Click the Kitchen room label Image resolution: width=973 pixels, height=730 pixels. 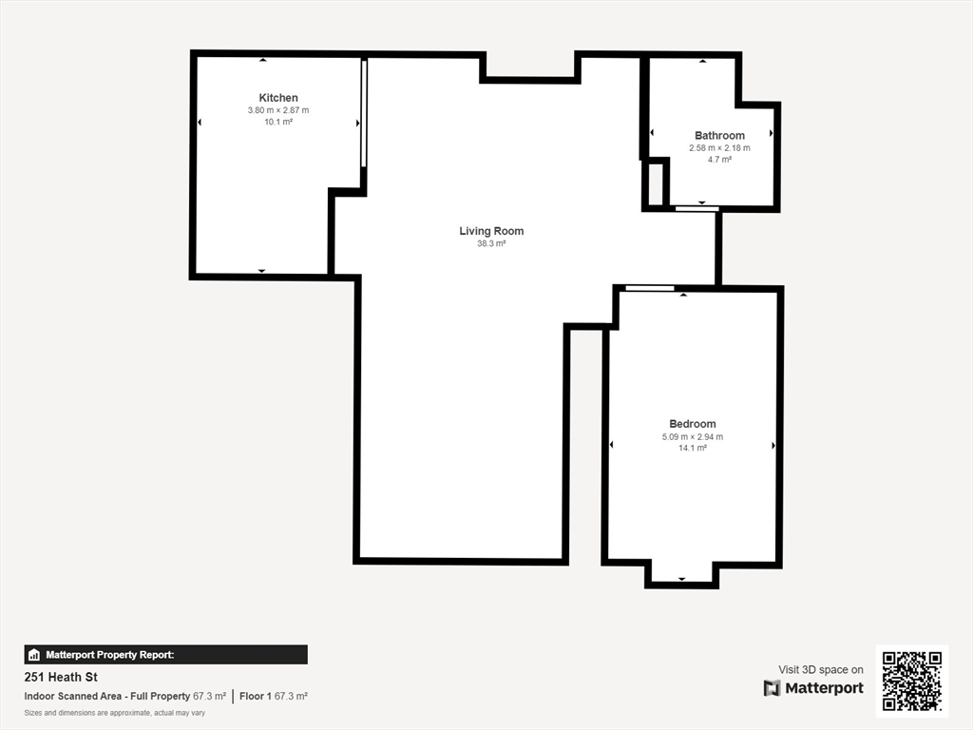click(278, 98)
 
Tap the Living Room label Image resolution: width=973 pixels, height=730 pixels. click(491, 231)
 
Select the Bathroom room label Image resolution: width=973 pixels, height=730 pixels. click(719, 135)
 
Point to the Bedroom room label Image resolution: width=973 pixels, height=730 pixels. click(693, 424)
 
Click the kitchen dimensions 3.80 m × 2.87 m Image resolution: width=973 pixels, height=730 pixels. click(278, 110)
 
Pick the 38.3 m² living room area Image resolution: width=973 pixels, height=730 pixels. click(491, 244)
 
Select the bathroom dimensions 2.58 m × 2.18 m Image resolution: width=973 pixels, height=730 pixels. click(719, 148)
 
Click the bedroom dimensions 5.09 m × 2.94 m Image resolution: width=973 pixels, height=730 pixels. click(693, 437)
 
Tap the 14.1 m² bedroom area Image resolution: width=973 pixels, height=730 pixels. click(693, 449)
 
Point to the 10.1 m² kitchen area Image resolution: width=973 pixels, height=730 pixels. click(278, 123)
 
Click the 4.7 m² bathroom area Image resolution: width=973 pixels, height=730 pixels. click(719, 160)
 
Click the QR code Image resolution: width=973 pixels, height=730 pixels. click(912, 681)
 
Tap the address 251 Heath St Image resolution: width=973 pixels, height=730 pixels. click(61, 677)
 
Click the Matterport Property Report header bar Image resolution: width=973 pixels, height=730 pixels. click(165, 655)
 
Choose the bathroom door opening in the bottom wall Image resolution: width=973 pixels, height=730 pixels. click(696, 208)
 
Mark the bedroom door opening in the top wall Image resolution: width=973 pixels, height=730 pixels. click(650, 288)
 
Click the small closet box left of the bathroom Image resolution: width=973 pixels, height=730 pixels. click(656, 184)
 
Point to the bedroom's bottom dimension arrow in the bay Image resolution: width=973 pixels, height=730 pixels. click(682, 579)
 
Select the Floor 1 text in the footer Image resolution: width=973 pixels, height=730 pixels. click(255, 697)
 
